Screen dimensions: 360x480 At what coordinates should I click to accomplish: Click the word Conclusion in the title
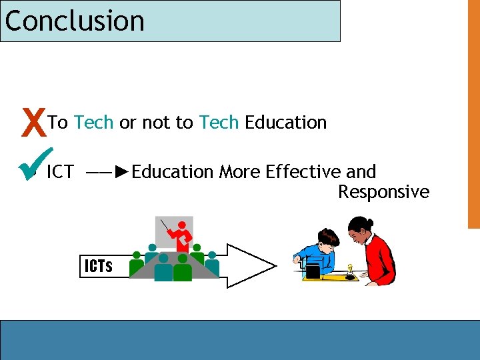click(x=75, y=21)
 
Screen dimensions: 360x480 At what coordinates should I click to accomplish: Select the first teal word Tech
click(x=93, y=123)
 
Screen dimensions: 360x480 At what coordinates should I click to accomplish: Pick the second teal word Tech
click(x=219, y=123)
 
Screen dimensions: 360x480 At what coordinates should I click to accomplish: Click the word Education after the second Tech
click(x=286, y=123)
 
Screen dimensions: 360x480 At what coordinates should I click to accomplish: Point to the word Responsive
click(x=383, y=192)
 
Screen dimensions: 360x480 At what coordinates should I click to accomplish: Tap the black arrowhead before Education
click(x=120, y=172)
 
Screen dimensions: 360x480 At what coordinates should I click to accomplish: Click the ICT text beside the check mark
click(x=60, y=172)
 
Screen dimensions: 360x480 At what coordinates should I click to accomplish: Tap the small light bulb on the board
click(x=349, y=269)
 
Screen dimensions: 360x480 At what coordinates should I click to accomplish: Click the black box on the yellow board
click(x=313, y=271)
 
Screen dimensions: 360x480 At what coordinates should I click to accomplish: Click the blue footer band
click(x=240, y=340)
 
